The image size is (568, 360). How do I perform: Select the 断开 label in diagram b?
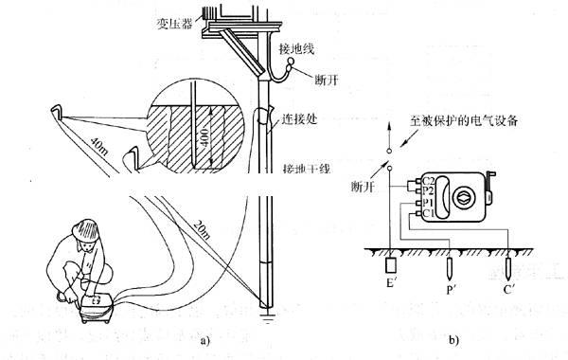tap(363, 185)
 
